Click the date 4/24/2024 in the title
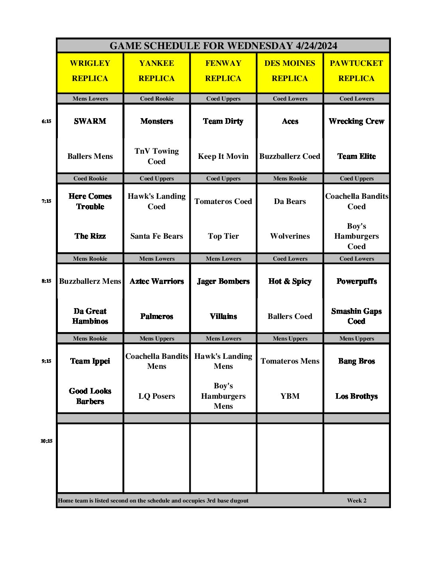[316, 46]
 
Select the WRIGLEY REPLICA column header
[90, 71]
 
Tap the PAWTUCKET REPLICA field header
[356, 71]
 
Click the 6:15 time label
[46, 121]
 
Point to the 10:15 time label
[46, 441]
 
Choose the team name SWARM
[90, 121]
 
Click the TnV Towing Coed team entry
[157, 156]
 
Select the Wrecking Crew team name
[356, 121]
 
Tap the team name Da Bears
[290, 202]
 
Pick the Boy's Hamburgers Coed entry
[356, 236]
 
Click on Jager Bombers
[223, 281]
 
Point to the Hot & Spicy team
[290, 281]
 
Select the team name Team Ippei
[90, 361]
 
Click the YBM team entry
[290, 396]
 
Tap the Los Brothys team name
[356, 396]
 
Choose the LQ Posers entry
[157, 396]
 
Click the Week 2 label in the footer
[357, 501]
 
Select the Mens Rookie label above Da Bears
[290, 178]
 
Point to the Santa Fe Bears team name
[157, 236]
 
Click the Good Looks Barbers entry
[90, 396]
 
